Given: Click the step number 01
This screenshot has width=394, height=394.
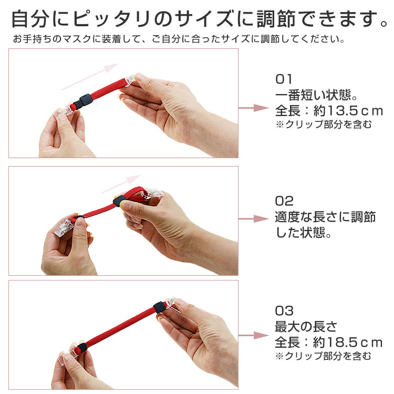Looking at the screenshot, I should (x=284, y=80).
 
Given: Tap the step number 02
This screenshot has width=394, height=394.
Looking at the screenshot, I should (x=284, y=201).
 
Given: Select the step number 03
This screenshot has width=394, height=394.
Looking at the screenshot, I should (x=284, y=311).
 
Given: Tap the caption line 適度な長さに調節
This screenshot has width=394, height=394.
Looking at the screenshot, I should (x=326, y=216).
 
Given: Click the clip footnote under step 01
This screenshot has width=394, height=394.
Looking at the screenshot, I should (x=324, y=125).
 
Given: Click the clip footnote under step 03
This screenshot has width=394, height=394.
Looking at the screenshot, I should (x=324, y=356).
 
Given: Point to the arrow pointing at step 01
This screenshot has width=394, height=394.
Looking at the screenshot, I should (x=254, y=108).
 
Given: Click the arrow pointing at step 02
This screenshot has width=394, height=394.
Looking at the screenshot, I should (x=254, y=218).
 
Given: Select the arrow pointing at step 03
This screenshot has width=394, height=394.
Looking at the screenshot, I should (x=254, y=335).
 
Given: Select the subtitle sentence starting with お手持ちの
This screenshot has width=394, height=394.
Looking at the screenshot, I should (x=179, y=39).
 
